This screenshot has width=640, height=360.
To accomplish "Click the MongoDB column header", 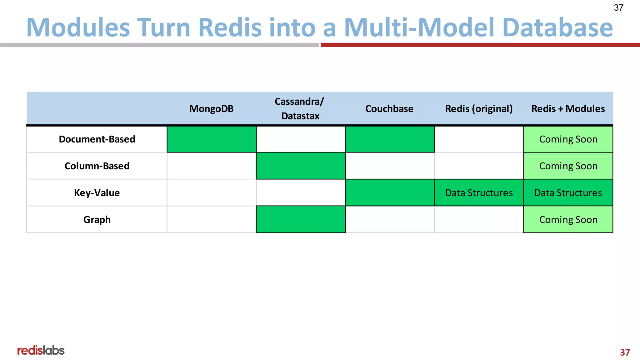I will coord(211,109).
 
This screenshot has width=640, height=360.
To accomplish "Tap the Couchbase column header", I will coord(389,109).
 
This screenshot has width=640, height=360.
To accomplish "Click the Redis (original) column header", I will coord(479,109).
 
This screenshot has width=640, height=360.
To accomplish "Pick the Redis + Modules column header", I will coord(568,109).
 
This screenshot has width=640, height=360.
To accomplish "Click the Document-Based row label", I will coord(97,139).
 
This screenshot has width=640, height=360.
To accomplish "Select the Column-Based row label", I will coord(97,166).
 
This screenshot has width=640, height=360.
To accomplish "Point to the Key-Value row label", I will coord(97,193).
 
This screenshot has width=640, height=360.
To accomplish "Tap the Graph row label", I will coord(97,220).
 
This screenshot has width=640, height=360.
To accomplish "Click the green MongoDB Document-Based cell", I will coord(212,139).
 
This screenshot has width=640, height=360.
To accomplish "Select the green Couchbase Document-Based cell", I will coord(390,139).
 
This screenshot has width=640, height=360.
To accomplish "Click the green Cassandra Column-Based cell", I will coord(301,166).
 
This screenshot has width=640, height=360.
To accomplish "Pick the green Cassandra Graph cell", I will coord(301,219).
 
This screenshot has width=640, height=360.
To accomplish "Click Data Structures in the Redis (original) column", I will coord(479,193).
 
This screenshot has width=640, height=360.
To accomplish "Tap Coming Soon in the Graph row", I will coord(568,220).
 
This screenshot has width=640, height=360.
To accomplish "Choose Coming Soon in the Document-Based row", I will coord(568,139).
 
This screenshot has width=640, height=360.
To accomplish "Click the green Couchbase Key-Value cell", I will coord(390,192).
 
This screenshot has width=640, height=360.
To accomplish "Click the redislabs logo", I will coord(41,350).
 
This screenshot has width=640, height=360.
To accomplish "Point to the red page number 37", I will coord(625,352).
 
